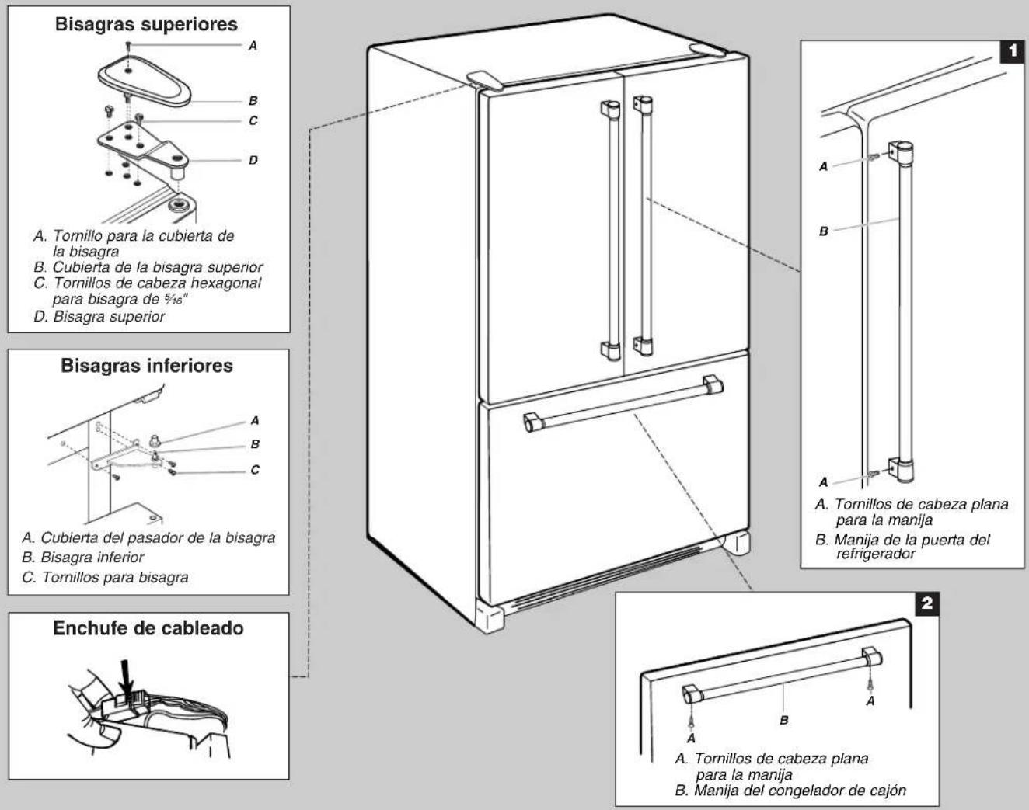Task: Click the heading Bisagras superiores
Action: pos(146,24)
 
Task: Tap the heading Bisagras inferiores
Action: pos(147,366)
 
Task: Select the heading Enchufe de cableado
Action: pos(148,628)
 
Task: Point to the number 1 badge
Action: pos(1012,51)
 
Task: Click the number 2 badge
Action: pos(926,603)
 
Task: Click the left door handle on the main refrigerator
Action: pos(611,230)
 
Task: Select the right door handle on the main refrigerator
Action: pos(644,225)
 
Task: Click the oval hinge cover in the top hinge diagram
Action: pos(145,80)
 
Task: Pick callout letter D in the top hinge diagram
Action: pos(253,160)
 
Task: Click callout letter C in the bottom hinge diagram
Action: pos(255,470)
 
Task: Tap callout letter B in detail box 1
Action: pos(823,231)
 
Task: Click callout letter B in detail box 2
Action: pos(783,720)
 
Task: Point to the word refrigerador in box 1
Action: pos(876,554)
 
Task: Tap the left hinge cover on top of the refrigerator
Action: pos(486,81)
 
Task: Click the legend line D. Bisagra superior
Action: pos(99,316)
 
